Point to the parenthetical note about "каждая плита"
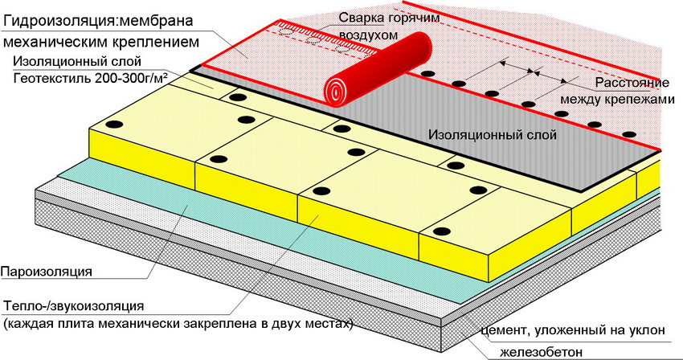(177, 324)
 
